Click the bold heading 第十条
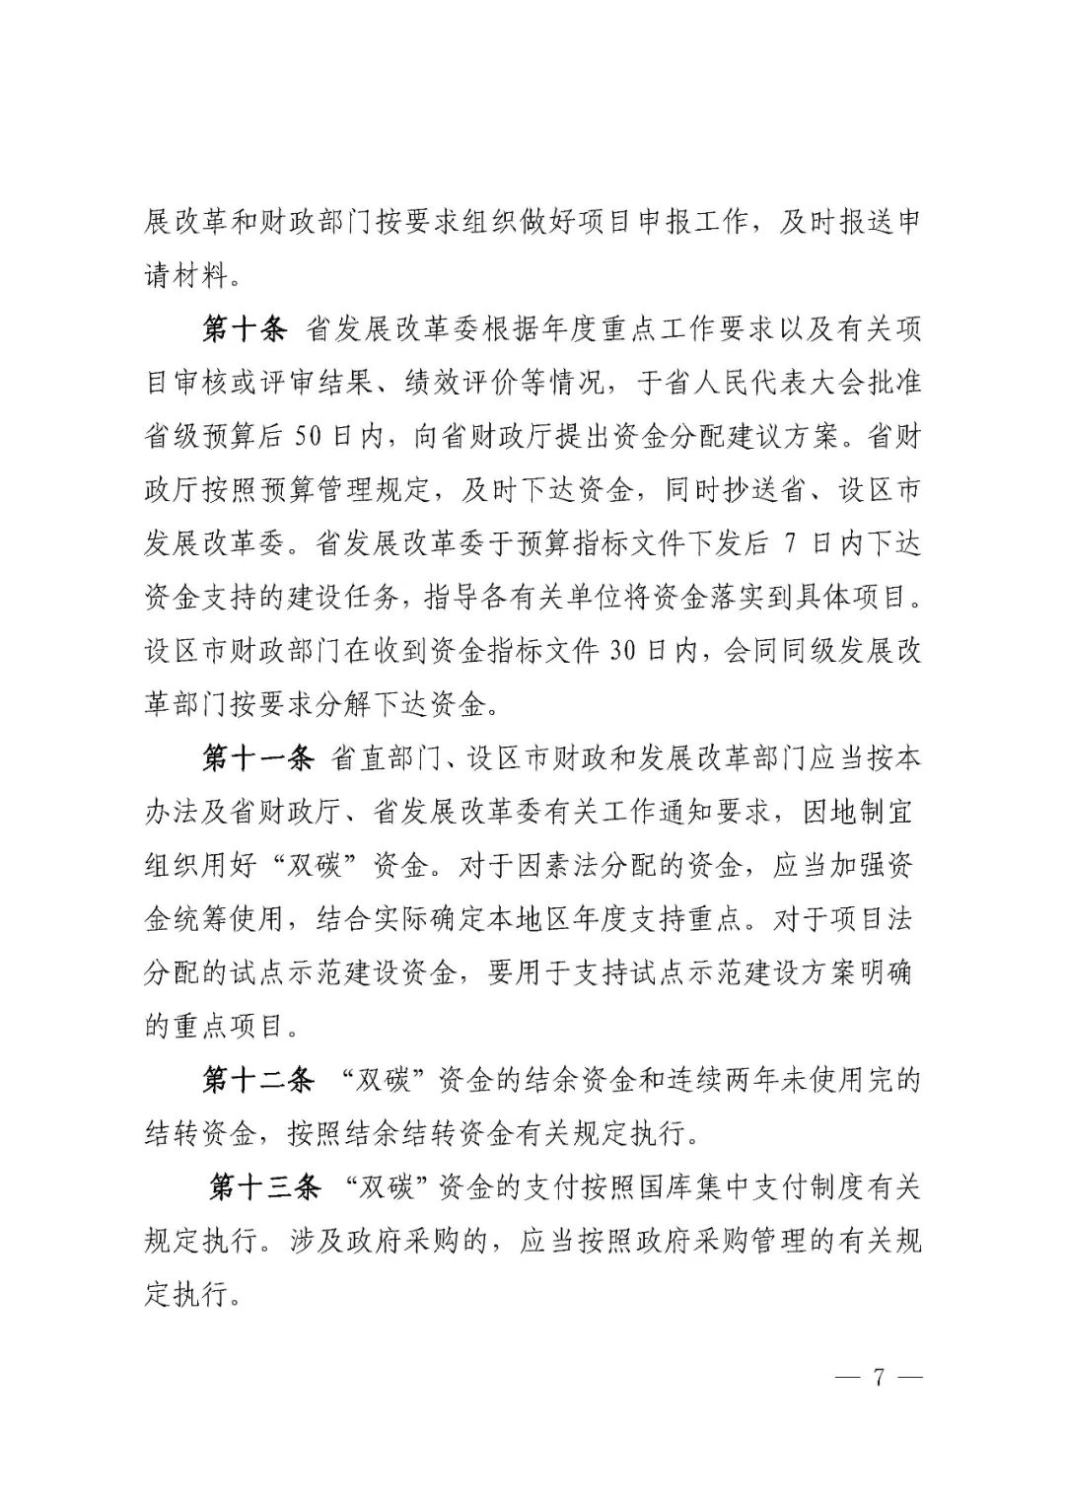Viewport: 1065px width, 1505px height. [245, 329]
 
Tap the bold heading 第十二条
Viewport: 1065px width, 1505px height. [258, 1081]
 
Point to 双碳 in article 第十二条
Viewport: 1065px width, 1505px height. [382, 1081]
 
